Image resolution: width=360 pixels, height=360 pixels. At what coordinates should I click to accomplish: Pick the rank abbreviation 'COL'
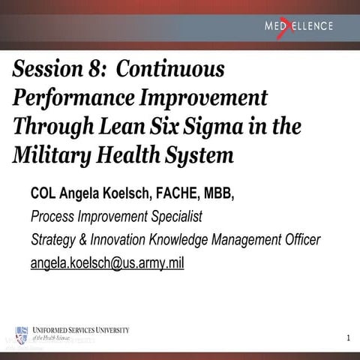point(44,195)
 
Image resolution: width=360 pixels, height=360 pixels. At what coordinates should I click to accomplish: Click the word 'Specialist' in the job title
point(176,217)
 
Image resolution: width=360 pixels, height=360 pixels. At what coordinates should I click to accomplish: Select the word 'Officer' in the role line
point(298,240)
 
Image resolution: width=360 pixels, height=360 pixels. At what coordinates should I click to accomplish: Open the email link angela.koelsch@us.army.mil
point(107,263)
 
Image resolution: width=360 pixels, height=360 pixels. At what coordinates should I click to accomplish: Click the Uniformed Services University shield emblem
point(22,334)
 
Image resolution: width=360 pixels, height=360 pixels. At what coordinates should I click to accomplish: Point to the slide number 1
point(348,339)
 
